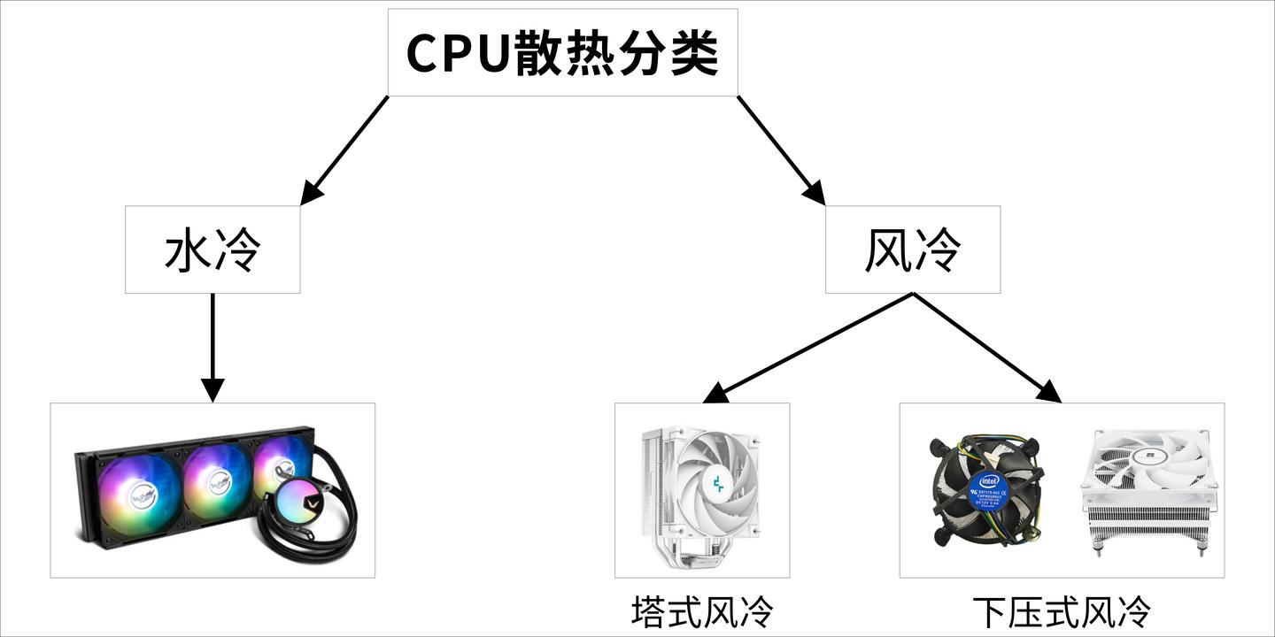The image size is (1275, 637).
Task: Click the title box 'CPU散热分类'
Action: (x=562, y=53)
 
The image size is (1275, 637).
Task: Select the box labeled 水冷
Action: (x=212, y=249)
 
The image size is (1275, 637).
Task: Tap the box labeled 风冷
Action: (x=912, y=249)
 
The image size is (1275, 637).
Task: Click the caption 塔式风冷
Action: (x=702, y=611)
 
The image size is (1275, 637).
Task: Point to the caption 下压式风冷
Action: (x=1062, y=611)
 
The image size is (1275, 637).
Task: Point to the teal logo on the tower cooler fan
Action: (x=716, y=483)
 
